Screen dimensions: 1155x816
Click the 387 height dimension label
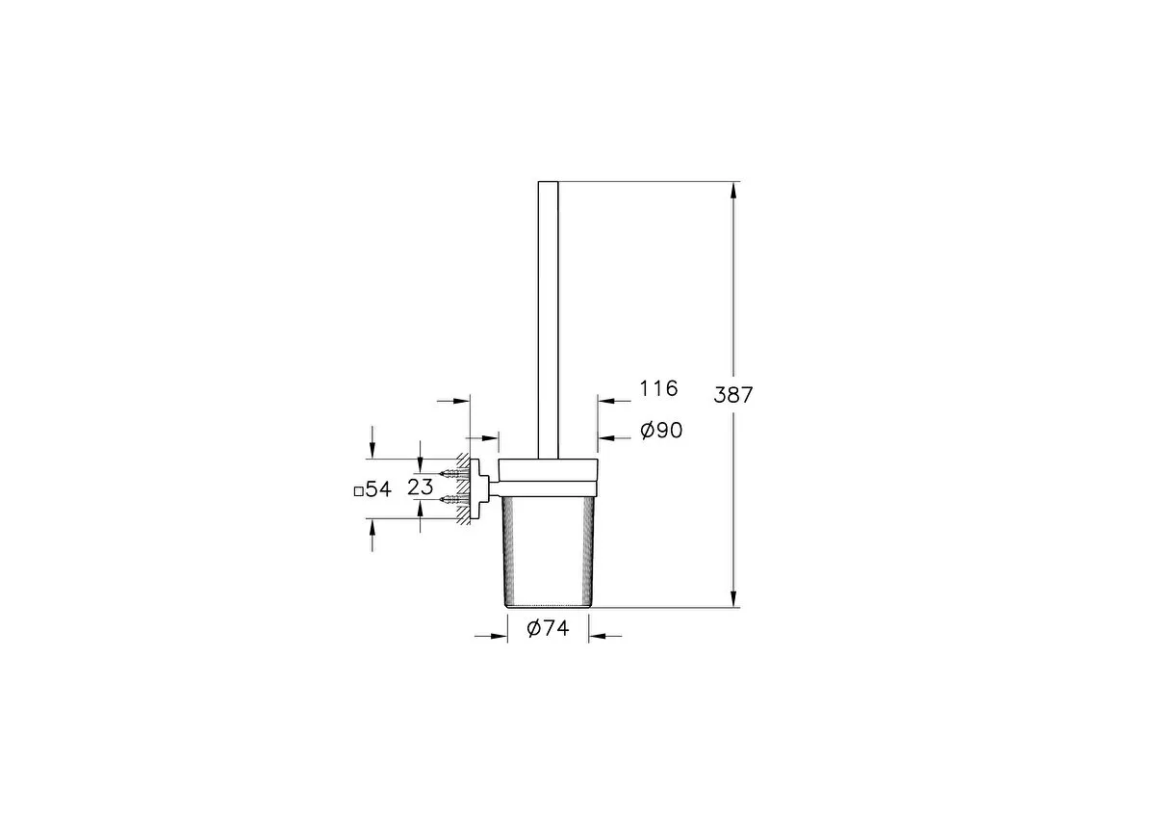[x=732, y=395]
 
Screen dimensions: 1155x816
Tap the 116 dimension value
[x=658, y=388]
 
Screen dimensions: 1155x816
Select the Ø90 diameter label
[x=661, y=430]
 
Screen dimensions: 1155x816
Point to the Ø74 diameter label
[x=548, y=628]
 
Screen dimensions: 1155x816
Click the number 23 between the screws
[x=421, y=487]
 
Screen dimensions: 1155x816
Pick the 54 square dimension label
[x=378, y=489]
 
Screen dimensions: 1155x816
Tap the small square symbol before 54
[x=358, y=491]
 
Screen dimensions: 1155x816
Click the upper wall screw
[x=454, y=473]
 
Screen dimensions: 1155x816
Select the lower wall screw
[x=454, y=499]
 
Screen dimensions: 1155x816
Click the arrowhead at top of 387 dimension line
[x=733, y=192]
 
